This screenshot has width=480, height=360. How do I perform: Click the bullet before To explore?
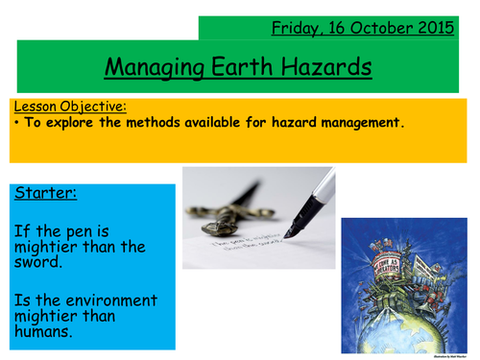click(x=18, y=124)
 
